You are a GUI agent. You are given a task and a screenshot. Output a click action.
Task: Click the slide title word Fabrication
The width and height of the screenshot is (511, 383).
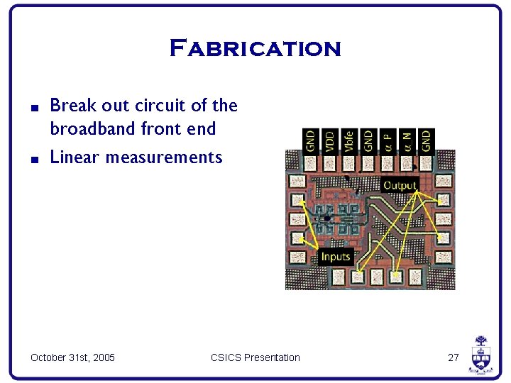pos(255,49)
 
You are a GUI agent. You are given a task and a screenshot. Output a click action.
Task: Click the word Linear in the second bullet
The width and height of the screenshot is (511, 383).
pos(75,157)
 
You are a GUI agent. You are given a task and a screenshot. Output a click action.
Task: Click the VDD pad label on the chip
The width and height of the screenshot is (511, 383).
pos(329,140)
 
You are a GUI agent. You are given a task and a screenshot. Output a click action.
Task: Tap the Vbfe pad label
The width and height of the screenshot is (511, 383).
pos(348,140)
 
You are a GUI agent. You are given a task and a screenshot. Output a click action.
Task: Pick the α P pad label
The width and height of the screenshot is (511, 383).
pos(388,140)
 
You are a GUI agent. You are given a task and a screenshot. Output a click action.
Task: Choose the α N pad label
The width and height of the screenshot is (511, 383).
pos(407,140)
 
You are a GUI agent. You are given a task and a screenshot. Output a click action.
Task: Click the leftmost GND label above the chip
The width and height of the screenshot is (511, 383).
pos(310,140)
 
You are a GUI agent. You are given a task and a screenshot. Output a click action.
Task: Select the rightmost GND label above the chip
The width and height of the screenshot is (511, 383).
pos(426,140)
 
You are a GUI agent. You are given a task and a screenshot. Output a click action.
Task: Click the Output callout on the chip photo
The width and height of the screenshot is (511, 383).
pos(400,186)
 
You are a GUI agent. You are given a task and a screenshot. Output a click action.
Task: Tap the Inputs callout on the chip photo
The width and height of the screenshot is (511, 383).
pos(336,257)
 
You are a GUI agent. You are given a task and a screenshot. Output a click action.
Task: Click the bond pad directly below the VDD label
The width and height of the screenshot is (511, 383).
pos(330,163)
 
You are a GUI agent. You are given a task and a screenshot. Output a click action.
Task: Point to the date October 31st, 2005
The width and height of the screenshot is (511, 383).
pos(72,357)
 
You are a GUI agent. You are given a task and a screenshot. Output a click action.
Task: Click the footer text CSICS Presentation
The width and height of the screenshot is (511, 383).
pos(255,357)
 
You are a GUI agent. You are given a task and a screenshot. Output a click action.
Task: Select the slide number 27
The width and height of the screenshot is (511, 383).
pos(454,357)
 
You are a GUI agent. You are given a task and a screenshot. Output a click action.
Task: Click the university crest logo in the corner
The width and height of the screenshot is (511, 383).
pos(480,354)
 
